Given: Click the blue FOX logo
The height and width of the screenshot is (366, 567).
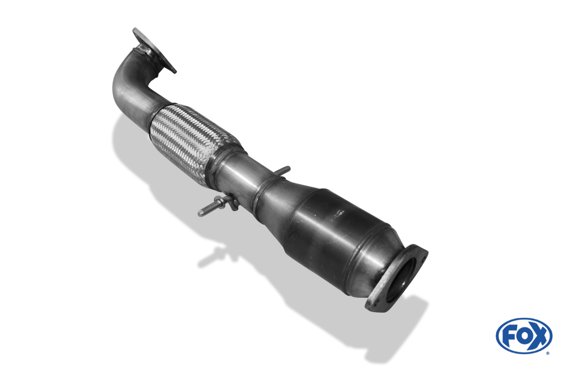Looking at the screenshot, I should point(523,335).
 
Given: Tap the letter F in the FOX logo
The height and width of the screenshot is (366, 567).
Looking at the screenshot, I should point(509,336).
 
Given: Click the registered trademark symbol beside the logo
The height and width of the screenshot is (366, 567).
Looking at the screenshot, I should point(547,352).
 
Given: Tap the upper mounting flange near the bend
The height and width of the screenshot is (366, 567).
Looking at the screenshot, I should point(153,51).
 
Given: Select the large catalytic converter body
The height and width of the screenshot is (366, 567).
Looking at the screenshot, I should point(335,227).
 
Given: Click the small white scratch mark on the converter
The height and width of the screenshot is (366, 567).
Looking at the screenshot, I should point(339,213).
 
